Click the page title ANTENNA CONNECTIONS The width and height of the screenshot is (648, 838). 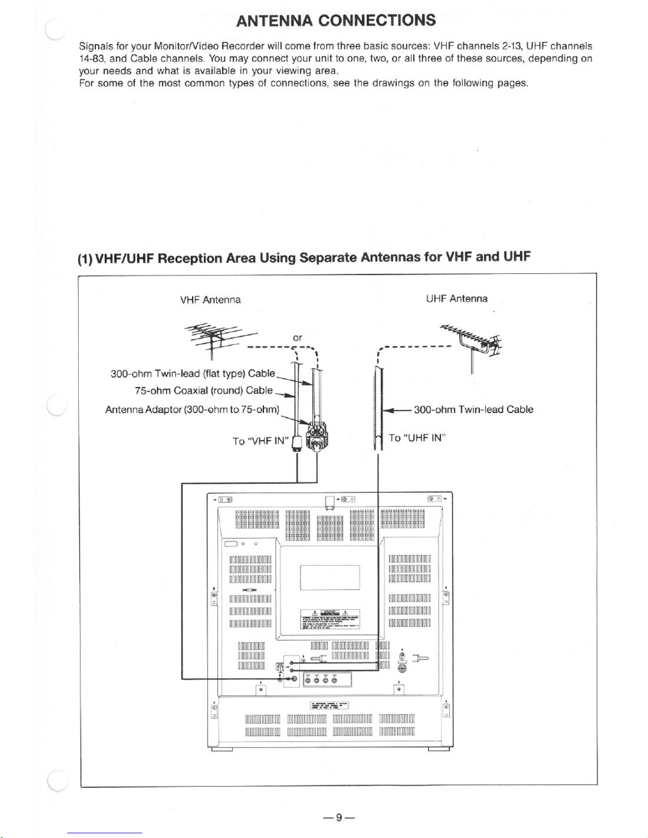(x=336, y=21)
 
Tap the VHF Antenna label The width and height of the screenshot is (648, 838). (x=211, y=300)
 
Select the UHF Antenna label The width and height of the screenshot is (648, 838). (x=457, y=299)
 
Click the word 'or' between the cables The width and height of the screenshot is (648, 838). (x=297, y=337)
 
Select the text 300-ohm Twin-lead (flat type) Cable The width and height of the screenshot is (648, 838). (x=193, y=374)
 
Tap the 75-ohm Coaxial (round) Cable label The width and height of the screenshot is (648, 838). (x=204, y=391)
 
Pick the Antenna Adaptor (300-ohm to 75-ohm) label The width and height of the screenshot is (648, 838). (x=193, y=410)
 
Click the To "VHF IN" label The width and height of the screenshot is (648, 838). (x=259, y=440)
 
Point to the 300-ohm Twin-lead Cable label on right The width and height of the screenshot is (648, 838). (x=473, y=410)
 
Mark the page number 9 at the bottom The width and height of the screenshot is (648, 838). (x=339, y=817)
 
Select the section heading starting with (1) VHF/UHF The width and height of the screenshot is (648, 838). (x=304, y=258)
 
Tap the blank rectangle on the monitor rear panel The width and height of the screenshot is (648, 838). (x=330, y=577)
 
